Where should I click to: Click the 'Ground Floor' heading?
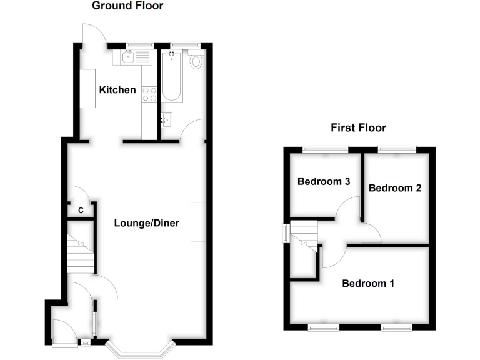(x=127, y=6)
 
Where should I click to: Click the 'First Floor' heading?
(x=358, y=128)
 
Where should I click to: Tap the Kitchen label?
(x=117, y=90)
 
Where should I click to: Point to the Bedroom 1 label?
(x=368, y=284)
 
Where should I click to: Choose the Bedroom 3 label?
(x=323, y=182)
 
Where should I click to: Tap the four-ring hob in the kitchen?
(x=149, y=94)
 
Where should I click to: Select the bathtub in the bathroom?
(x=172, y=76)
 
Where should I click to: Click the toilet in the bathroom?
(x=197, y=60)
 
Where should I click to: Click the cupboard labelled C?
(x=81, y=211)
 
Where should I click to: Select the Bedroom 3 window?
(x=325, y=149)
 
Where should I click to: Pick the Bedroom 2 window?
(x=396, y=149)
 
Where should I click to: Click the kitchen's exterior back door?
(x=94, y=34)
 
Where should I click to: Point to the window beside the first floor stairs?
(x=285, y=232)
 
